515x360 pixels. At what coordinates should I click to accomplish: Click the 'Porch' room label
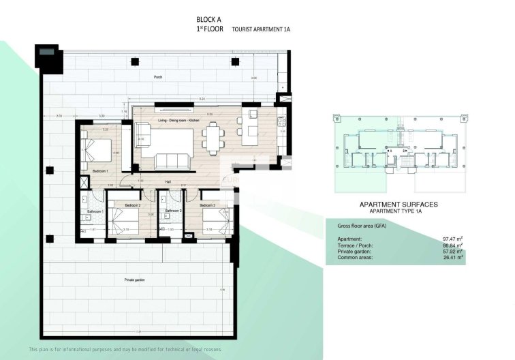pyautogui.click(x=158, y=78)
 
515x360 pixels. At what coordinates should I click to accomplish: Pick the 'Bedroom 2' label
pyautogui.click(x=132, y=205)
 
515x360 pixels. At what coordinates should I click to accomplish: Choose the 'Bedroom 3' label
pyautogui.click(x=207, y=205)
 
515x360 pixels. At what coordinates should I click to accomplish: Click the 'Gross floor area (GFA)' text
pyautogui.click(x=362, y=226)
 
